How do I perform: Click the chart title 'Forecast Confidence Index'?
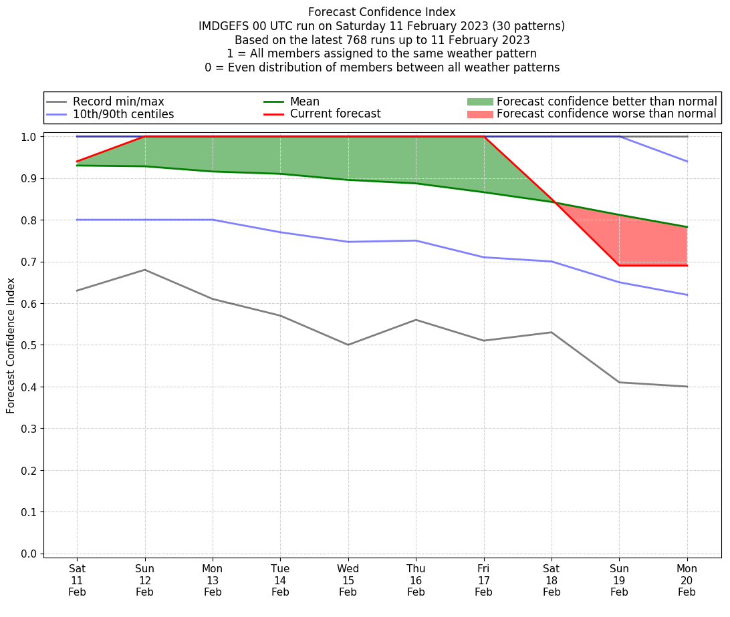(x=382, y=12)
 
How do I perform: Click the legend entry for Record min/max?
(x=118, y=101)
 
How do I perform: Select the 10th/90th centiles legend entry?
(x=123, y=114)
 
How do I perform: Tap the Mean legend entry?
(x=304, y=101)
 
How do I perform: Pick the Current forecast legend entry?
(x=335, y=114)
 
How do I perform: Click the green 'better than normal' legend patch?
(x=479, y=101)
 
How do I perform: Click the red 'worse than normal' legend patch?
(x=479, y=114)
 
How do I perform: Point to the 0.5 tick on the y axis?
(x=29, y=345)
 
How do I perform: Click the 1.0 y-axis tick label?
(x=29, y=137)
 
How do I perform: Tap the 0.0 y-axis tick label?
(x=29, y=554)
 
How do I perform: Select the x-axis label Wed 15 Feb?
(x=348, y=580)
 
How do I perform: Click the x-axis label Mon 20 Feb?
(x=687, y=580)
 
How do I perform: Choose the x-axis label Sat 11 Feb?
(x=77, y=580)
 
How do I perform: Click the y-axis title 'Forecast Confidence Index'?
(x=11, y=345)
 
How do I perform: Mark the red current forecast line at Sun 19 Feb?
(x=619, y=266)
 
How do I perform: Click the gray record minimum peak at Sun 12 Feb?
(x=145, y=270)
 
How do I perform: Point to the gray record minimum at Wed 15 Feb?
(x=348, y=345)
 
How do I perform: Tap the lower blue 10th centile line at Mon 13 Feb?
(x=213, y=220)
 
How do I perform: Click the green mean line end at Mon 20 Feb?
(x=687, y=227)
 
